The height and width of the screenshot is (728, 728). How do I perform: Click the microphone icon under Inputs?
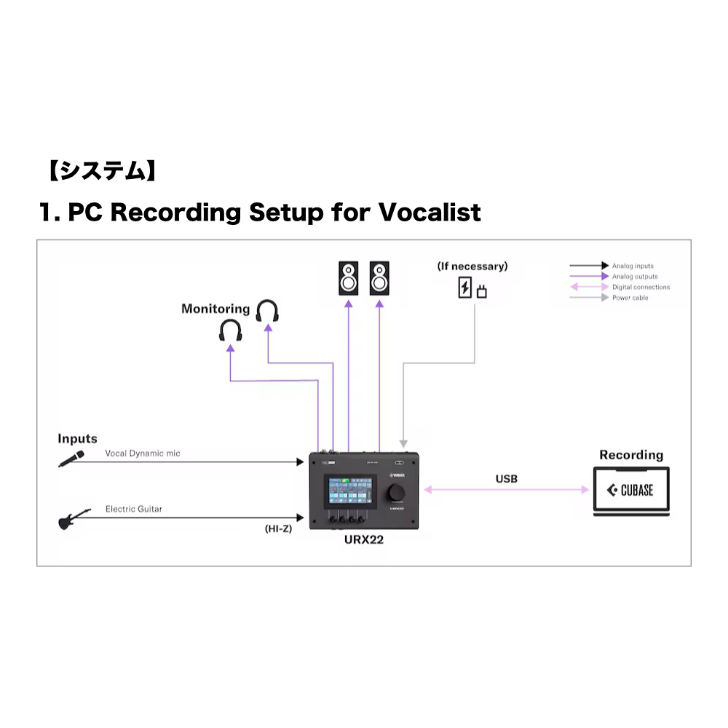coord(71,459)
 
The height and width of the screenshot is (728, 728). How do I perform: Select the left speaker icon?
coord(348,278)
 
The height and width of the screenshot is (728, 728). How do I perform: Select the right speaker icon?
coord(379,278)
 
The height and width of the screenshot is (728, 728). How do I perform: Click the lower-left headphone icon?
coord(231,331)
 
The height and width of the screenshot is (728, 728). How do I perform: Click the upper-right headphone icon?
coord(268,312)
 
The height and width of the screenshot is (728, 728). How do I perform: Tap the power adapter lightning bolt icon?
coord(464,288)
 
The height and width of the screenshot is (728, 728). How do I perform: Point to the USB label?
coord(507,478)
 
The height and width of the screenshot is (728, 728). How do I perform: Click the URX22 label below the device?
coord(364,541)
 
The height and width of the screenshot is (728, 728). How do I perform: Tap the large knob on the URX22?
coord(397,492)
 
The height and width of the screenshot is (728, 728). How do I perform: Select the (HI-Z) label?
coord(278,529)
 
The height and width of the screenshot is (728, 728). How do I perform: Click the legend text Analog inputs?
coord(633,266)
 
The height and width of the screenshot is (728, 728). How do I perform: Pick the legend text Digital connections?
coord(641,287)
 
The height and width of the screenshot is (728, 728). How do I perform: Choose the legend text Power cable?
coord(630,298)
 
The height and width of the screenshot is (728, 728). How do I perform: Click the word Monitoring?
coord(215,309)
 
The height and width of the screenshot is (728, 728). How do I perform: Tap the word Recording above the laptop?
coord(631,455)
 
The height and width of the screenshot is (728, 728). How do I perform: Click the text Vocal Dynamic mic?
coord(143,453)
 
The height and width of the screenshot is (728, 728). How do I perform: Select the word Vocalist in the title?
coord(430,213)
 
